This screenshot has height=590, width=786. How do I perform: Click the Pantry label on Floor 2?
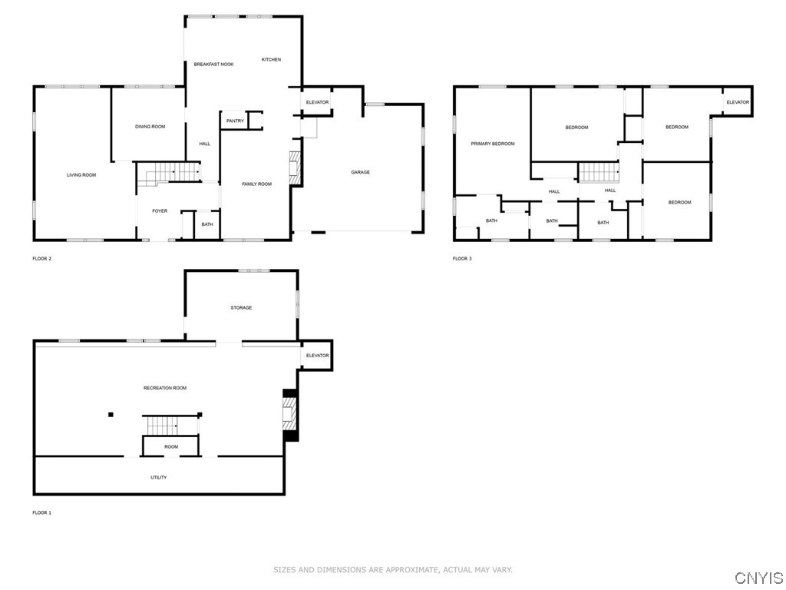tap(235, 121)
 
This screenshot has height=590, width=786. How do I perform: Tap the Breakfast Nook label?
tap(213, 65)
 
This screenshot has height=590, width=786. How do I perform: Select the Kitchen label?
tap(271, 60)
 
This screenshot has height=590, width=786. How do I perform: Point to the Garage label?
tap(361, 172)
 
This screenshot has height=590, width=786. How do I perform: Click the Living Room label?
tap(81, 175)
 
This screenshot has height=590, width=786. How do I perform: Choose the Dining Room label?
tap(150, 127)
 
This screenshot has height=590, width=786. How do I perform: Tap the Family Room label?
tap(256, 184)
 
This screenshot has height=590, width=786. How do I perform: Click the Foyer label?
tap(160, 211)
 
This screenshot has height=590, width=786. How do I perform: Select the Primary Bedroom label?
tap(493, 144)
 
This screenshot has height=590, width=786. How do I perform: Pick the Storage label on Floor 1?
tap(241, 307)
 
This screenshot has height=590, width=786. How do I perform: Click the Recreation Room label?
tap(165, 388)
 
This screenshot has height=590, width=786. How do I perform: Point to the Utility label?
tap(159, 478)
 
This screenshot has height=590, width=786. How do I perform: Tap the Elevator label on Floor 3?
tap(738, 102)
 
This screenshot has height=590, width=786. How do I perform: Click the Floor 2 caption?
tap(42, 259)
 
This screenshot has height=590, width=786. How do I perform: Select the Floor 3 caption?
tap(462, 259)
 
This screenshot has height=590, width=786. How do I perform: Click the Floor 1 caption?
tap(42, 512)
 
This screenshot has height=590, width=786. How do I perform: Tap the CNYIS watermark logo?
tap(758, 578)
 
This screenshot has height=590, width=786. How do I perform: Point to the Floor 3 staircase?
tap(599, 172)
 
